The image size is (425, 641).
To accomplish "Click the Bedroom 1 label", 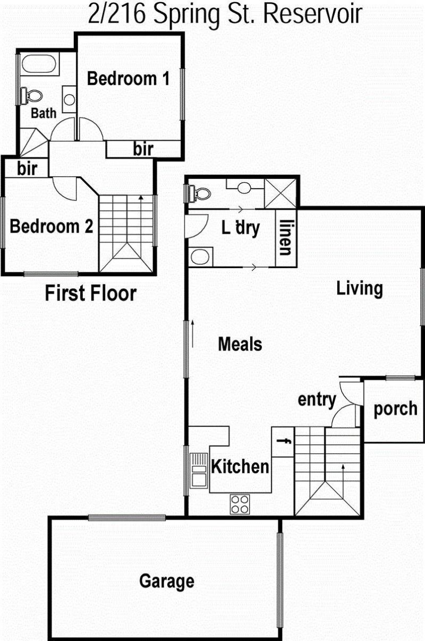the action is coord(128,79).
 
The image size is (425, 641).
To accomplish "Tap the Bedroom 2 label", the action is coord(52,226).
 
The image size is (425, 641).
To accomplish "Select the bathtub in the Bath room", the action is coord(39,64).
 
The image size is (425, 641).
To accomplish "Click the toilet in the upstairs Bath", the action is coord(31,96).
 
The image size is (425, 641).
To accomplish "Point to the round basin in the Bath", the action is coord(69,100).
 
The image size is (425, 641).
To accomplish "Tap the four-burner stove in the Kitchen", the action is coord(240,504).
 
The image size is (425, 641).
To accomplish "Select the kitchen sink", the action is coord(199,471).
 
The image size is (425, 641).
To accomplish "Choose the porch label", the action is coord(395,409).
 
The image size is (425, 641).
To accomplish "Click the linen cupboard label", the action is coord(285,237).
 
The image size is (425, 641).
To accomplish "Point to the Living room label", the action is coord(360,289).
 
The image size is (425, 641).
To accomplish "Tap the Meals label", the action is coord(240,344).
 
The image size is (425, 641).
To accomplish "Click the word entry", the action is coord(317,400).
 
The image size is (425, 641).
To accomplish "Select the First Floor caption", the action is coord(91,294).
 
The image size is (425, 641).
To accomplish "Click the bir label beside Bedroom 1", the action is coord(143,149).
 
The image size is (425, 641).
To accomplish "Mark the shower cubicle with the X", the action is coord(280,193).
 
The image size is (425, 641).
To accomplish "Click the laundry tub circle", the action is coord(200,257).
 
